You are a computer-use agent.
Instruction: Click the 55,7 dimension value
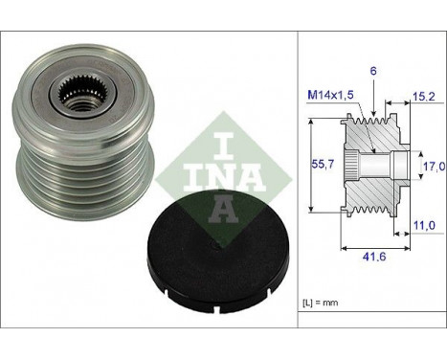coord(323,164)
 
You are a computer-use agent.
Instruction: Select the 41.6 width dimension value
coord(374,257)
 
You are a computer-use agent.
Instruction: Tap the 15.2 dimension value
coord(423,97)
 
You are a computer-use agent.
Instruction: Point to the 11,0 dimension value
coord(424,226)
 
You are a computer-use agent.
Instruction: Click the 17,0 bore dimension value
coord(434,167)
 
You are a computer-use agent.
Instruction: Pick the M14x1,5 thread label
coord(330,95)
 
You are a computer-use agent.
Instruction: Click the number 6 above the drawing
coord(373,71)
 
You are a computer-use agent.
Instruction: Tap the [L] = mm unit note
coord(320,303)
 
